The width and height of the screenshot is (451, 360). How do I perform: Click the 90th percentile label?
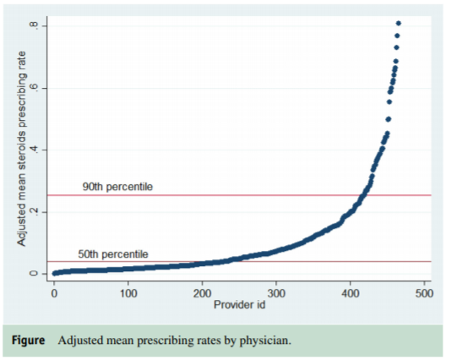coord(117,186)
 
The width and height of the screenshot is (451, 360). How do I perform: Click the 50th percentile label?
coord(113,254)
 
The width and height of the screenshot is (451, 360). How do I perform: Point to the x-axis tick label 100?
coord(128,293)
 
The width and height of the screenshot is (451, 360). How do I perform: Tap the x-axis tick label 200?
coord(202,293)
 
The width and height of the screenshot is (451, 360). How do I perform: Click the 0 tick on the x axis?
coord(54,293)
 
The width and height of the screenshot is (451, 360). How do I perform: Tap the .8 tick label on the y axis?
coord(34,25)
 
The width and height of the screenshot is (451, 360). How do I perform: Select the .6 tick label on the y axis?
coord(34,88)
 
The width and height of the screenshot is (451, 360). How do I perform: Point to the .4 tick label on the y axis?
coord(34,150)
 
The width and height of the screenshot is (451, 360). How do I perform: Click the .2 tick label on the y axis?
coord(34,211)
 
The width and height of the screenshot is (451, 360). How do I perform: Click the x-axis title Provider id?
coord(239,304)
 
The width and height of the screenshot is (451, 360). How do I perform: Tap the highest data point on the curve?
coord(398,23)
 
